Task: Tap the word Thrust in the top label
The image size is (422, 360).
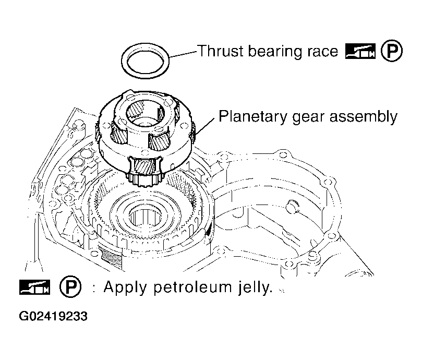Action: point(221,51)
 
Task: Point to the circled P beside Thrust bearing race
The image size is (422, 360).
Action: point(392,51)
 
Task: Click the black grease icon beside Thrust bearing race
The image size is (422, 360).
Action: point(360,51)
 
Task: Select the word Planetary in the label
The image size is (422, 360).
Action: point(252,117)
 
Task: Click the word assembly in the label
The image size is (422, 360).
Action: point(364,117)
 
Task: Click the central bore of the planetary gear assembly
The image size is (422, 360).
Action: point(145,113)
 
